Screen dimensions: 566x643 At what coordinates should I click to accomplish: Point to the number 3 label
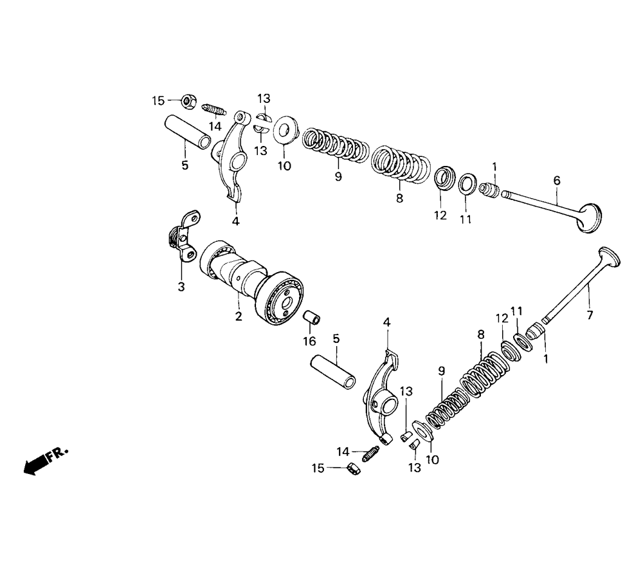181,287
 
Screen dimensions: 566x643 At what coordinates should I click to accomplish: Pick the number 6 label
557,183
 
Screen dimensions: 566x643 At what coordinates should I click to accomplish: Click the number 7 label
590,315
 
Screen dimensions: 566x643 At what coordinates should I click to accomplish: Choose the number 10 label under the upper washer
284,166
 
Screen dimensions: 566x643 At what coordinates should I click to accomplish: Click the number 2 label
239,316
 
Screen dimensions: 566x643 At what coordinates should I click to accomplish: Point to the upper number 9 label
338,176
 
